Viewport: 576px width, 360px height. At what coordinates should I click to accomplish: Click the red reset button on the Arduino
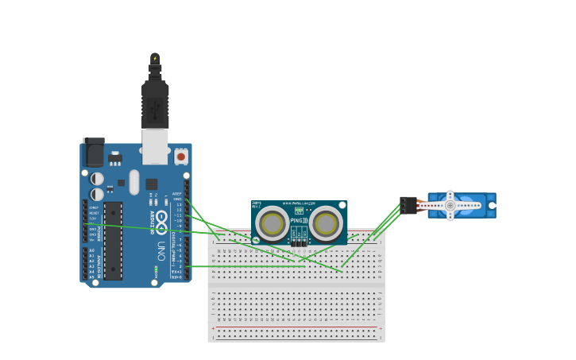coord(181,157)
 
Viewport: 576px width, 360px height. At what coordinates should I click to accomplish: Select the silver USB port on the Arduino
coord(155,146)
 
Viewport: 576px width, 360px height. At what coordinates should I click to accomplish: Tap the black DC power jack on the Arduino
coord(94,152)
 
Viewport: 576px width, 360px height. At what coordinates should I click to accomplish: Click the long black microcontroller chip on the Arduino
coord(113,240)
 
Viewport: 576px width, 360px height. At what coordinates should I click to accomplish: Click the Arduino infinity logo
coord(161,219)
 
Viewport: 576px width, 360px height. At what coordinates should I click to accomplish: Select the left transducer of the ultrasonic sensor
coord(272,223)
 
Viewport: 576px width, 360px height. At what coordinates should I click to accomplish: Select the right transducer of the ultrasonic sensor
coord(326,223)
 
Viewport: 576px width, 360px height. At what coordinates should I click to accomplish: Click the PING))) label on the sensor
coord(300,220)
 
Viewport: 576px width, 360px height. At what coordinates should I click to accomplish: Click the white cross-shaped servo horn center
coord(450,206)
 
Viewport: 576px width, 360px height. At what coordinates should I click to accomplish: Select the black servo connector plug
coord(408,205)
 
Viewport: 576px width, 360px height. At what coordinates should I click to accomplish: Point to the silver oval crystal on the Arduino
coord(134,182)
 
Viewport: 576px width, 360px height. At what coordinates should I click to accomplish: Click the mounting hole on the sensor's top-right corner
coord(342,205)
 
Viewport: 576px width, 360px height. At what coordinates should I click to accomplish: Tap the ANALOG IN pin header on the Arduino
coord(85,264)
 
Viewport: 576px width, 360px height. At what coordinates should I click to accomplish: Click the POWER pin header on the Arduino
coord(85,223)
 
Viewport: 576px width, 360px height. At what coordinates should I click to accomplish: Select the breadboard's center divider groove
coord(296,283)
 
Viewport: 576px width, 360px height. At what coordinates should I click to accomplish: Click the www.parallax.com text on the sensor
coord(299,203)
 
